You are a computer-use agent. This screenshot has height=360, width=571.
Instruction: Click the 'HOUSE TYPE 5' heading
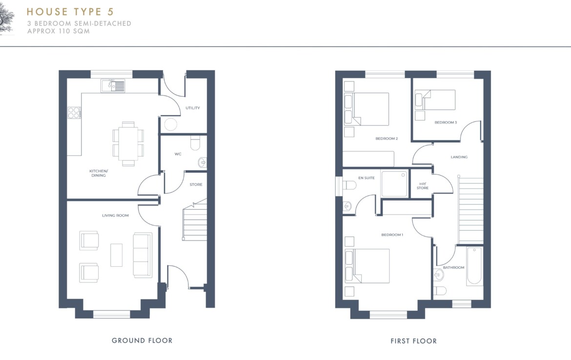pyautogui.click(x=70, y=12)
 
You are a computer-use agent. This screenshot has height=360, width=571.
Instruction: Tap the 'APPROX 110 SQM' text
pyautogui.click(x=58, y=31)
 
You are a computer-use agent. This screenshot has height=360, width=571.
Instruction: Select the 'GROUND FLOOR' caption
pyautogui.click(x=142, y=340)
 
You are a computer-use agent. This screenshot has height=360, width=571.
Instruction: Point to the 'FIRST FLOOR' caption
pyautogui.click(x=414, y=341)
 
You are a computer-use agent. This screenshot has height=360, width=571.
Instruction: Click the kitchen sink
pyautogui.click(x=113, y=85)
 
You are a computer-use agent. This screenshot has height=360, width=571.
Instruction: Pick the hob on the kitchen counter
pyautogui.click(x=74, y=113)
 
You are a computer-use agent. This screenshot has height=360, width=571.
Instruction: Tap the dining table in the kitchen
pyautogui.click(x=128, y=144)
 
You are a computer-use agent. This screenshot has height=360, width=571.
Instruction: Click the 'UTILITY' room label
pyautogui.click(x=193, y=108)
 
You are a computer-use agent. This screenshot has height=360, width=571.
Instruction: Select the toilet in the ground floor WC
pyautogui.click(x=195, y=143)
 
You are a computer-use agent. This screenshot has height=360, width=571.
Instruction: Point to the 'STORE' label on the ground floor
pyautogui.click(x=196, y=184)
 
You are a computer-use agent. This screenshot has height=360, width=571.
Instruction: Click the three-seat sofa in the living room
pyautogui.click(x=143, y=255)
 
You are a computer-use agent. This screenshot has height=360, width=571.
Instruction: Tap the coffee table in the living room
pyautogui.click(x=117, y=255)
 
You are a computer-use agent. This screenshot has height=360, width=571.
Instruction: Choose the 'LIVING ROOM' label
pyautogui.click(x=116, y=216)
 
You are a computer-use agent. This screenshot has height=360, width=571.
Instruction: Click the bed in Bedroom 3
pyautogui.click(x=435, y=100)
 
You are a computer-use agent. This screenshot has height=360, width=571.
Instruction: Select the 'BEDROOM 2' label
pyautogui.click(x=387, y=139)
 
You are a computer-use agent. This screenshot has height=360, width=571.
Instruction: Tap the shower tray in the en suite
pyautogui.click(x=394, y=184)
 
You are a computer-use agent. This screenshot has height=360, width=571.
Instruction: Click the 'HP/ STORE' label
pyautogui.click(x=423, y=186)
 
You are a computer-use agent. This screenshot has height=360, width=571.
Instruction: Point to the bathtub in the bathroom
pyautogui.click(x=474, y=266)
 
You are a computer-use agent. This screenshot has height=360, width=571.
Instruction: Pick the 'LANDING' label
pyautogui.click(x=459, y=157)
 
